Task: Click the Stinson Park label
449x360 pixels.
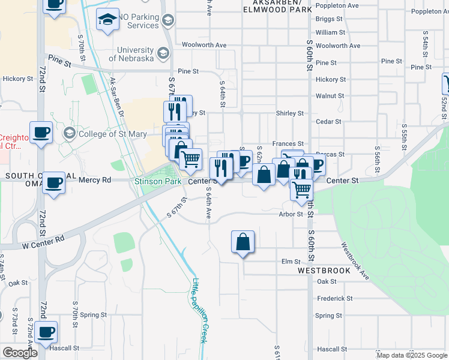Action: click(x=158, y=181)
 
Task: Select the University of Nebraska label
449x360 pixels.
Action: click(x=136, y=54)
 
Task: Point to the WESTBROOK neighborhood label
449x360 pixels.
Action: click(x=324, y=271)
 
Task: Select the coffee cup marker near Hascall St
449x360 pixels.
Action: click(x=46, y=332)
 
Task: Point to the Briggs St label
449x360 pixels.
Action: click(x=328, y=19)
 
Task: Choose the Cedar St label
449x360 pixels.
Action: click(x=328, y=121)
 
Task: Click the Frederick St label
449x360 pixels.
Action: click(x=334, y=298)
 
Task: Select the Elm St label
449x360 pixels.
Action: click(x=291, y=262)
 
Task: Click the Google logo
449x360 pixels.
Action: click(x=20, y=353)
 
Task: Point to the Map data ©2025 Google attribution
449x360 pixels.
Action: click(x=411, y=355)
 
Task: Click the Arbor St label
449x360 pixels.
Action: click(x=291, y=214)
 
